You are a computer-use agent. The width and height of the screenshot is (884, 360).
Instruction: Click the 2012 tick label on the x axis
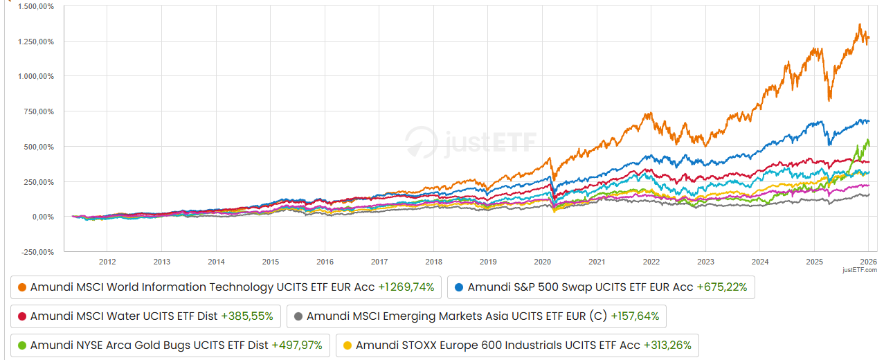tap(107, 261)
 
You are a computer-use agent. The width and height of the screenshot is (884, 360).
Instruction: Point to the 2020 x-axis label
tap(542, 261)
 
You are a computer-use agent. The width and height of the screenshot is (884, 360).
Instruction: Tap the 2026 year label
tap(868, 261)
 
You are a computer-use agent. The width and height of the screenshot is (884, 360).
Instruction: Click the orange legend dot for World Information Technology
tap(22, 287)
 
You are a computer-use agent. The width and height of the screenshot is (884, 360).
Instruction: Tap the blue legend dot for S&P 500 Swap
tap(460, 287)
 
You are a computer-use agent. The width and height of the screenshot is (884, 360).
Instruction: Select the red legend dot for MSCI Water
tap(22, 316)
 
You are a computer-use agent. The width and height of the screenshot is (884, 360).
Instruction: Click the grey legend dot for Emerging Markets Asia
tap(298, 316)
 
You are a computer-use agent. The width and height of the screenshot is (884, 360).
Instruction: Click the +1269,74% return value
tap(406, 287)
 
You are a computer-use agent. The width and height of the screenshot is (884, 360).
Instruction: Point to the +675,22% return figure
tap(721, 287)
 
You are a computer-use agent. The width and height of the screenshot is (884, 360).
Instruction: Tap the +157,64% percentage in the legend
tap(634, 316)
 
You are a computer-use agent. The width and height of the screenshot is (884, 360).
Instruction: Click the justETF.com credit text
tap(860, 270)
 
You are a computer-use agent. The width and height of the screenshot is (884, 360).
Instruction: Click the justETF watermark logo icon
tap(421, 141)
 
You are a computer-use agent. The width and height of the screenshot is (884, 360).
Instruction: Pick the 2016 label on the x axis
tap(325, 261)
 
